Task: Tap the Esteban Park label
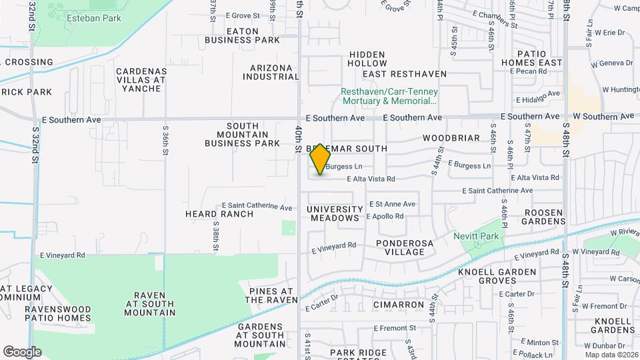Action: [x=94, y=18]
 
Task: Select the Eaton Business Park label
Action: [x=242, y=35]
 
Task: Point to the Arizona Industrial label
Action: [x=271, y=72]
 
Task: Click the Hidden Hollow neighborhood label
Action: [x=367, y=59]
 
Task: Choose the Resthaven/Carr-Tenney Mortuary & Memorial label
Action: [x=389, y=97]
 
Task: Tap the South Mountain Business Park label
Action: [x=242, y=134]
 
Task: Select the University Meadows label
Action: [x=335, y=213]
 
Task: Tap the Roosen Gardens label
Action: [x=544, y=217]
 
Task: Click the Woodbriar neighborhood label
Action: [x=451, y=138]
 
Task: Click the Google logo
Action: [x=22, y=351]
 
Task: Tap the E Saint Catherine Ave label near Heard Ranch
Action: [x=257, y=207]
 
